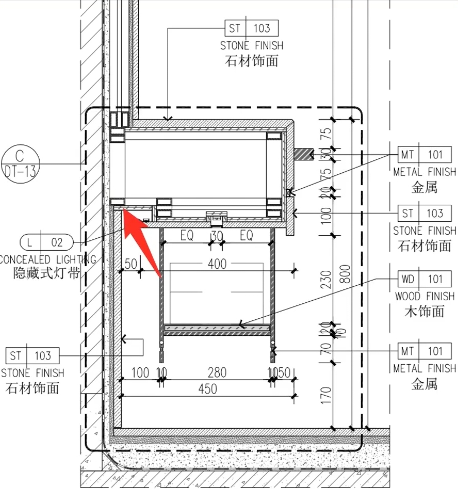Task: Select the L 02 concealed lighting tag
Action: pos(46,241)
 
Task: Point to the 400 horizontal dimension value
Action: pos(217,264)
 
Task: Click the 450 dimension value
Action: pos(208,389)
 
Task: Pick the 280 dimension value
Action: pos(217,372)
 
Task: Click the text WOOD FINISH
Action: pos(424,296)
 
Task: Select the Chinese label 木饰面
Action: pos(424,311)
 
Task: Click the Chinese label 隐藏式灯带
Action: pos(46,273)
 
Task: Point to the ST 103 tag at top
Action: pos(252,28)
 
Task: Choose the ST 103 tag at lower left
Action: pos(32,355)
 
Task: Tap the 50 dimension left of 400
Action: pos(131,264)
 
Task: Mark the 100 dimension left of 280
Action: pos(140,372)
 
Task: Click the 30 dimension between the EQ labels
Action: pos(217,236)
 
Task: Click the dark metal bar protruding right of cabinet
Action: pos(304,154)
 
